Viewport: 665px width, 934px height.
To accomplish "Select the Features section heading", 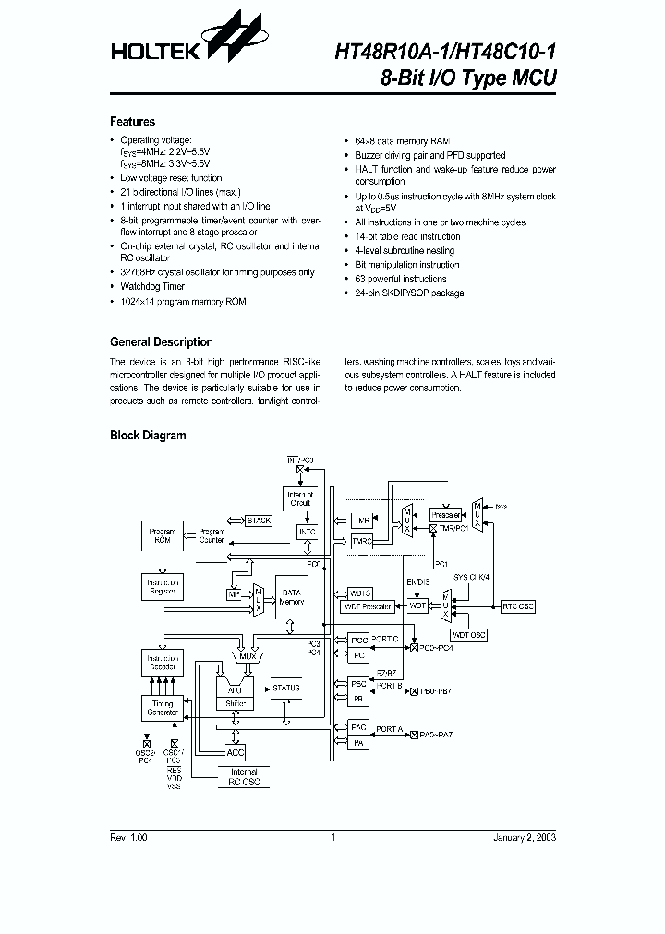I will [133, 121].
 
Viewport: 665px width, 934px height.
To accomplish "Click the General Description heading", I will [162, 341].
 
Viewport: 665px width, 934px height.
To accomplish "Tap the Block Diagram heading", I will [148, 435].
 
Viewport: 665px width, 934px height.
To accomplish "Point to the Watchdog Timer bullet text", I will [152, 286].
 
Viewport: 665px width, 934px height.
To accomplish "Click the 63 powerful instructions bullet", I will [401, 279].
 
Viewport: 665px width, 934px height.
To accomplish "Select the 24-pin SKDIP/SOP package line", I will [409, 293].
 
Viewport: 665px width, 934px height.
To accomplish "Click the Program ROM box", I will [161, 536].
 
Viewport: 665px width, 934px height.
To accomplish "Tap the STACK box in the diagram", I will [259, 521].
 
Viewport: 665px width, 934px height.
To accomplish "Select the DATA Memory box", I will [291, 596].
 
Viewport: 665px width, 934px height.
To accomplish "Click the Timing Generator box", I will [162, 709].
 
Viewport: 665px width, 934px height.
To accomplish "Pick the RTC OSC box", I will [517, 606].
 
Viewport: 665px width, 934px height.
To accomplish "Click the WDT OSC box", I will [468, 635].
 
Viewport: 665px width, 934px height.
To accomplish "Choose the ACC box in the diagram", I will [237, 752].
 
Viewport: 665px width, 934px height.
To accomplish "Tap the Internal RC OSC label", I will [244, 777].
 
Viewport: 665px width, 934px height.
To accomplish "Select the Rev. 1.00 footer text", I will [128, 837].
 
